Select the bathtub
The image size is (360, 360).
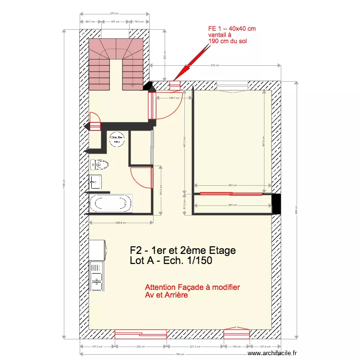pos(110,203)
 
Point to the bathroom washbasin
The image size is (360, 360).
pos(95,181)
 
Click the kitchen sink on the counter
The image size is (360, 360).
pos(97,279)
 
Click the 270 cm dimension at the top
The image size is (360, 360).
pos(114,13)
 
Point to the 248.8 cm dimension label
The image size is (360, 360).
pos(121,222)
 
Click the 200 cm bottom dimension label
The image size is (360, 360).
pos(140,347)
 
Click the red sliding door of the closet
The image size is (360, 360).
pos(231,193)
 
